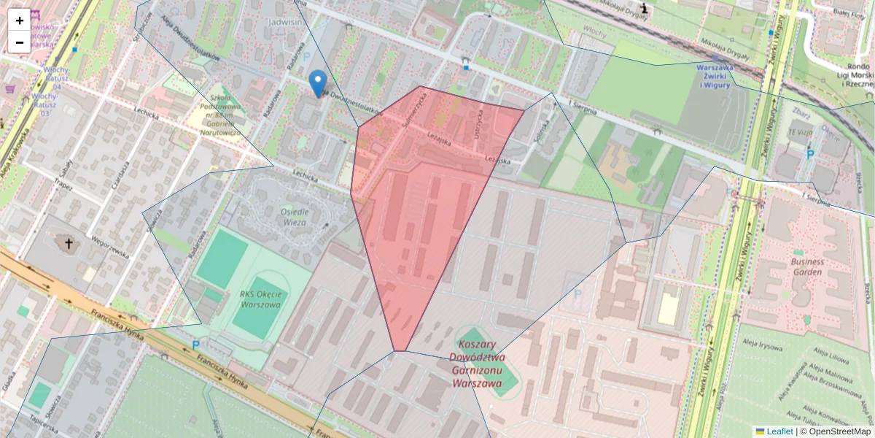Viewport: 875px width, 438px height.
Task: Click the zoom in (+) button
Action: [20, 20]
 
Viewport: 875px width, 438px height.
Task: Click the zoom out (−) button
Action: [20, 42]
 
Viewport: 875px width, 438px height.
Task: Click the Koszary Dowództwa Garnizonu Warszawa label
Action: [478, 363]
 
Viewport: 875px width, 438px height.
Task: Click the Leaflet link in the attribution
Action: [779, 431]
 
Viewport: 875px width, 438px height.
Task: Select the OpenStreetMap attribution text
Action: [836, 431]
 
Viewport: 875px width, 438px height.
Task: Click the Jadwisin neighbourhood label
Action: [285, 22]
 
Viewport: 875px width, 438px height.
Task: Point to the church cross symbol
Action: [69, 244]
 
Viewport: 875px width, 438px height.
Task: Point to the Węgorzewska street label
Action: [110, 247]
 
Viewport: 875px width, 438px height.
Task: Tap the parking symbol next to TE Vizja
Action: [809, 155]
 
